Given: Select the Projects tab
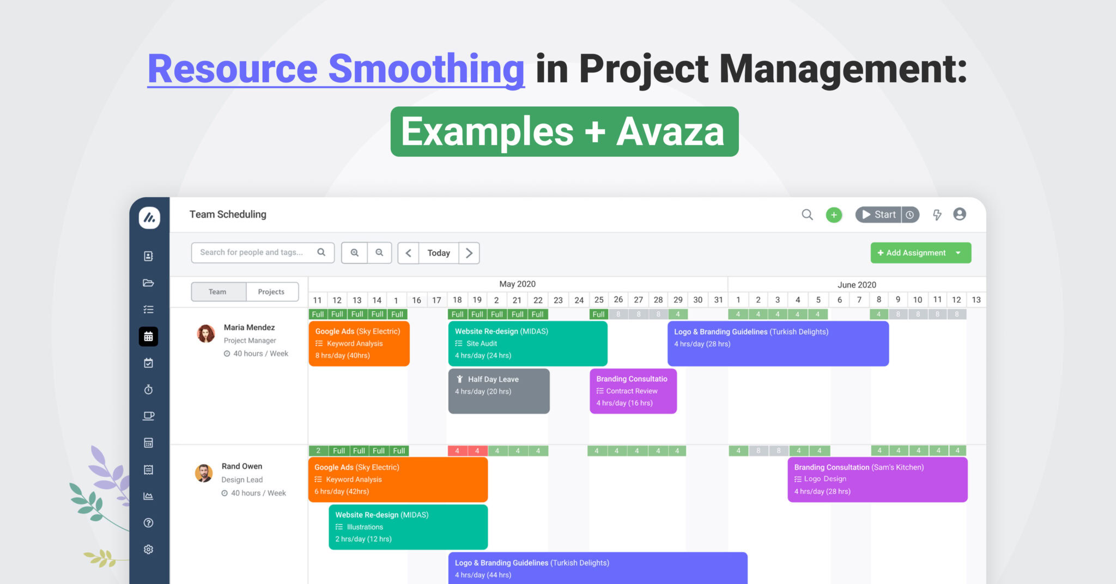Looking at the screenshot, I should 271,292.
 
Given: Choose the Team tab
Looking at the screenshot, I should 218,292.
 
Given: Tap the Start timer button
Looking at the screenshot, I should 879,215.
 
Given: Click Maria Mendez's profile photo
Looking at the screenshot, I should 206,334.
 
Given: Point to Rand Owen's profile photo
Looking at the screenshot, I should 204,473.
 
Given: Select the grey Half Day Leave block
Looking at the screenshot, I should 499,391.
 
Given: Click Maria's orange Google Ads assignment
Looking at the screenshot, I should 359,343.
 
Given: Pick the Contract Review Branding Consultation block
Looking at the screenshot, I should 633,391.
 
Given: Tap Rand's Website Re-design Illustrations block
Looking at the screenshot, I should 408,527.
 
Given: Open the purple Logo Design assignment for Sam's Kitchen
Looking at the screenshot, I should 877,479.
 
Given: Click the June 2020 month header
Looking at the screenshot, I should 857,284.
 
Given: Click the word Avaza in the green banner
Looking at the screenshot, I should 670,132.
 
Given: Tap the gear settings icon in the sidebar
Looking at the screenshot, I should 148,549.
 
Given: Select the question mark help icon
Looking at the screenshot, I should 148,523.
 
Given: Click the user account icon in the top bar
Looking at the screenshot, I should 960,215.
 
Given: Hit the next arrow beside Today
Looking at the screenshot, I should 469,253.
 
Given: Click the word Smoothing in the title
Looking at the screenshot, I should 426,69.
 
